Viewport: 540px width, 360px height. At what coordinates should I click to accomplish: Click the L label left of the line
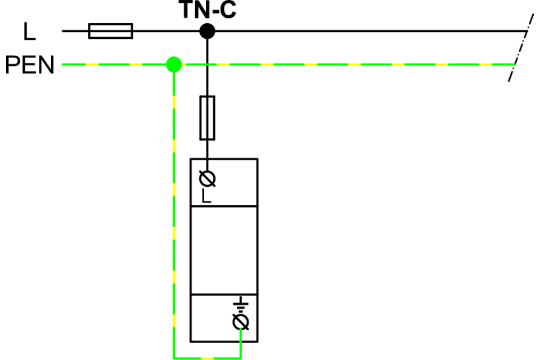(29, 32)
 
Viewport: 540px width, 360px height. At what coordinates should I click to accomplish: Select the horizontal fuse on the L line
(111, 31)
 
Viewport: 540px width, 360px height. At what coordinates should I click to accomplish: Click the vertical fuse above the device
(208, 118)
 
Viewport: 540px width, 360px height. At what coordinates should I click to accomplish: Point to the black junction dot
(208, 31)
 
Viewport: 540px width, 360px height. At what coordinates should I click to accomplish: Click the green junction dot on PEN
(174, 64)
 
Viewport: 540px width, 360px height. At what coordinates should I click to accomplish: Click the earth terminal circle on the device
(241, 322)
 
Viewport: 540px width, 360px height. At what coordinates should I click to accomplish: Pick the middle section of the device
(224, 250)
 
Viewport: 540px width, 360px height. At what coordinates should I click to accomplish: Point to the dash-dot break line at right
(520, 48)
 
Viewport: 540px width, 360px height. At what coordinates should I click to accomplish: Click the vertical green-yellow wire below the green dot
(174, 214)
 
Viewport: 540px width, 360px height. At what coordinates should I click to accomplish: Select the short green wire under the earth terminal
(241, 343)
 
